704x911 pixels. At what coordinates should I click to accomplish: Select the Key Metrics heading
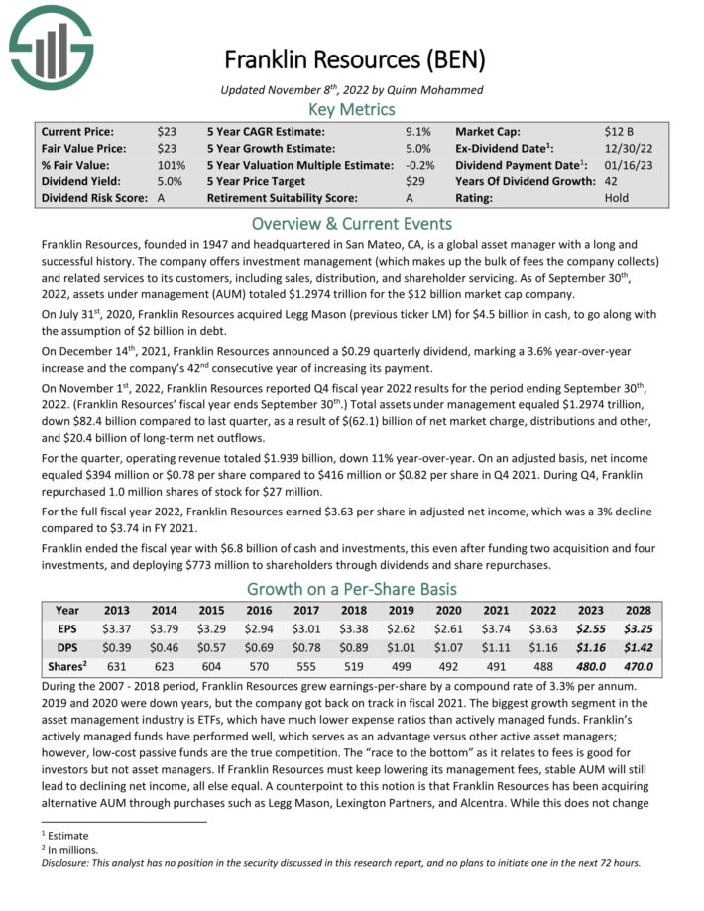[x=352, y=109]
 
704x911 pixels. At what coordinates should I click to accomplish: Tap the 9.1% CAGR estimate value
[x=418, y=131]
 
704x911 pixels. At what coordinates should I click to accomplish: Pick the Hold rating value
[x=616, y=198]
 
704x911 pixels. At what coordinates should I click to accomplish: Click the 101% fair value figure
[x=171, y=165]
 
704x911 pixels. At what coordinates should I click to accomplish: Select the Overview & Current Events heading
[x=352, y=223]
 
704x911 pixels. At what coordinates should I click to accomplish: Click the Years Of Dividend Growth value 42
[x=611, y=181]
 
